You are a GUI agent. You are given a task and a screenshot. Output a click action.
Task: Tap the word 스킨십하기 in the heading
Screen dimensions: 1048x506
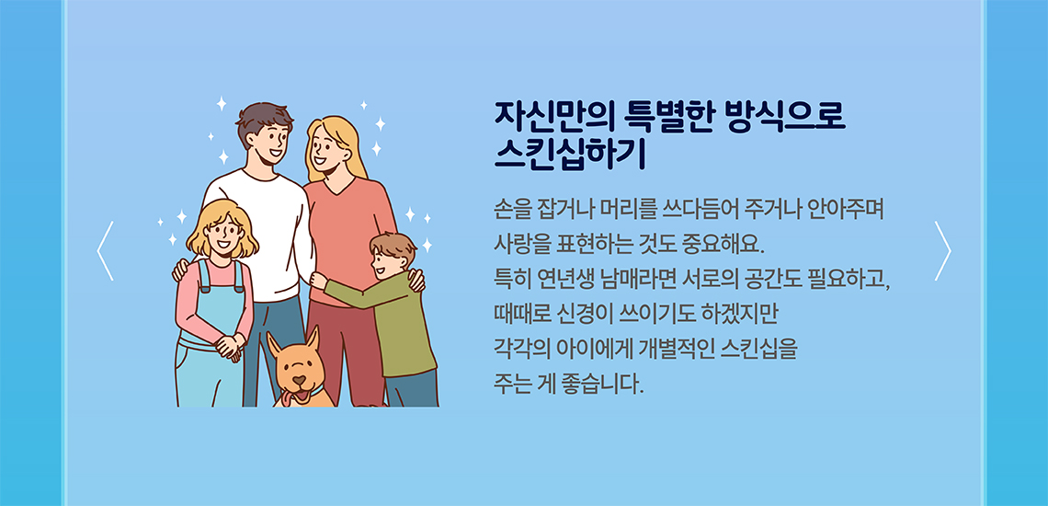(x=570, y=154)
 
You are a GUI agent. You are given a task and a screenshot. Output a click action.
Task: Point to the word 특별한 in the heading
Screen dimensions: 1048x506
(x=671, y=117)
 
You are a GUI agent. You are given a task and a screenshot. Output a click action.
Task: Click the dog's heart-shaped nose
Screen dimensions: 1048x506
(x=300, y=381)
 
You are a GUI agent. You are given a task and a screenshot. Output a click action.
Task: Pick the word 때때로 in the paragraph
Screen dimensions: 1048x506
(x=516, y=313)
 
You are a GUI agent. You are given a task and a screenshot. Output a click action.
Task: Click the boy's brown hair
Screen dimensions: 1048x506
(x=394, y=246)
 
